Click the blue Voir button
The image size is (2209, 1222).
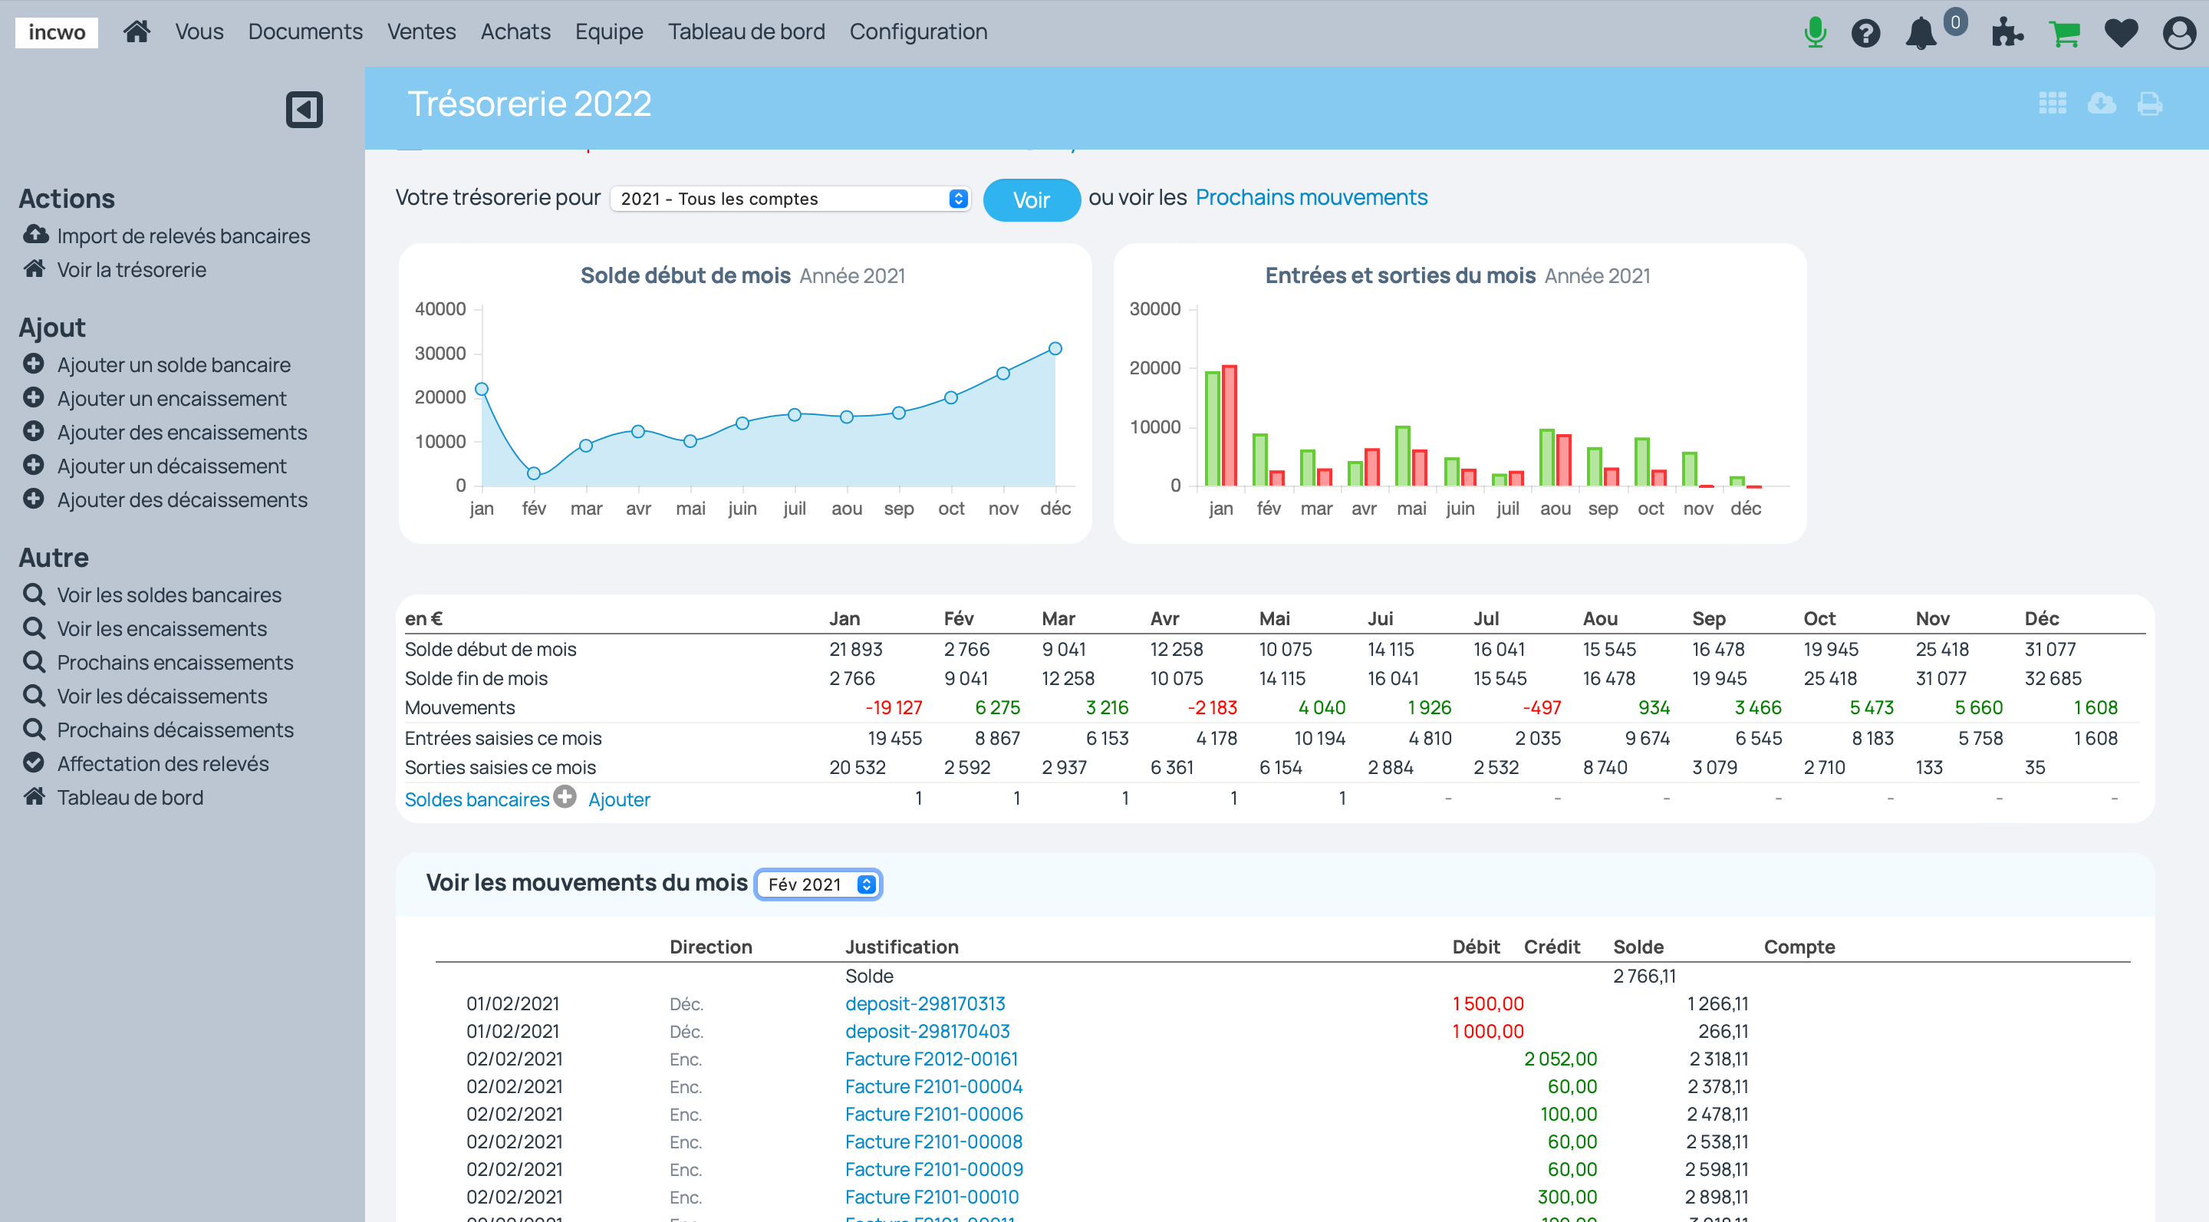(1031, 199)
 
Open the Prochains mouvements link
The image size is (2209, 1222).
(1310, 197)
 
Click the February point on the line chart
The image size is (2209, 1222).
(533, 473)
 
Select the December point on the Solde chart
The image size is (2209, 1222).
(1055, 349)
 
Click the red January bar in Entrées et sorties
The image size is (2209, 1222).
(1229, 427)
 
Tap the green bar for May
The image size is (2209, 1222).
(1403, 456)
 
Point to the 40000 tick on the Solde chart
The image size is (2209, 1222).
(441, 308)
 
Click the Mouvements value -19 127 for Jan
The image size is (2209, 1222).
(893, 707)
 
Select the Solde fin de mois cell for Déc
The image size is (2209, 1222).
(2052, 678)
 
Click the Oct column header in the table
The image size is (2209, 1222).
(1819, 618)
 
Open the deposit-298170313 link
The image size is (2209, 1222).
(924, 1003)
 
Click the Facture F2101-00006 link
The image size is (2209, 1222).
(933, 1114)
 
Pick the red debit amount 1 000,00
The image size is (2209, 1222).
(1487, 1031)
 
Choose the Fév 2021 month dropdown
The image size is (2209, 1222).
(819, 884)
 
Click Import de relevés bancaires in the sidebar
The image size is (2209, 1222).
(183, 236)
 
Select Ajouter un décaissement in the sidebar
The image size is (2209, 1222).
(172, 466)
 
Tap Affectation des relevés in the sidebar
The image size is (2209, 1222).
(162, 763)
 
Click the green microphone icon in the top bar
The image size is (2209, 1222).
(1815, 32)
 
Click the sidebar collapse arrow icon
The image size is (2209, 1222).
(304, 110)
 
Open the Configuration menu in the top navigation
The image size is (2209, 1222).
(917, 31)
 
